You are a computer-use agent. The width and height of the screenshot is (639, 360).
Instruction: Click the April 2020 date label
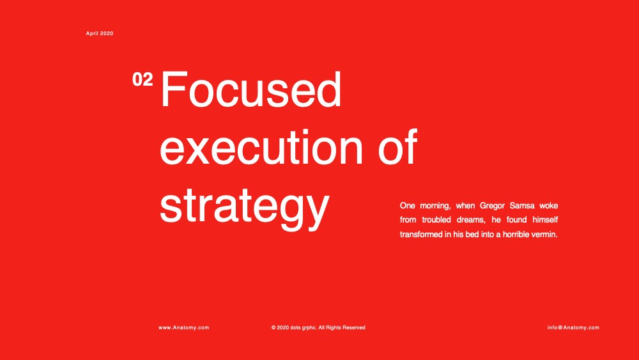(100, 33)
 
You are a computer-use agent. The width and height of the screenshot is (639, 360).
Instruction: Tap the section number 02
(142, 79)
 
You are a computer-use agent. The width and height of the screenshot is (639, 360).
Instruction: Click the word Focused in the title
(250, 90)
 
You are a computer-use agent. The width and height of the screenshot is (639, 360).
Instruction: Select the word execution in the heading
(261, 147)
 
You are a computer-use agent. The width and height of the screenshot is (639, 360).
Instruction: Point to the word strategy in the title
(244, 208)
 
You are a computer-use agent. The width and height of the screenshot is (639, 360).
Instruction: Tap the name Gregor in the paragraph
(492, 205)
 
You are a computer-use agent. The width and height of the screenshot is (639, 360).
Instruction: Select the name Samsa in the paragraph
(522, 205)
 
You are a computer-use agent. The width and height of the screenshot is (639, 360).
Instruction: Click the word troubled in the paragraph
(436, 220)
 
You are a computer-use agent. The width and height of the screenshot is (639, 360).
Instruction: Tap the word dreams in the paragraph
(471, 220)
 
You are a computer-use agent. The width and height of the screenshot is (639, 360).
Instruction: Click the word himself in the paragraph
(545, 220)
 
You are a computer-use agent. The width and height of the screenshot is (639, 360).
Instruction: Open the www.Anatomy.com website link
(184, 327)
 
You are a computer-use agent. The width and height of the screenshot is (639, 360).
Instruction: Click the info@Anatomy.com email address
(573, 327)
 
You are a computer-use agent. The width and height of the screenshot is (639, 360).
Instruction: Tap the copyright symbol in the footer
(273, 327)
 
